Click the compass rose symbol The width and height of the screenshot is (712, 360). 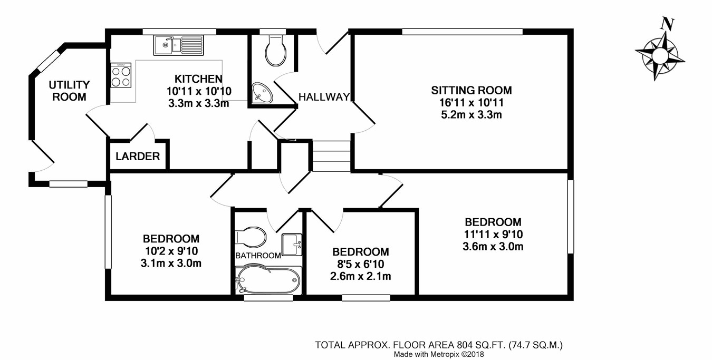pos(660,56)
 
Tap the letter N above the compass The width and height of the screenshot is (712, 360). pos(668,24)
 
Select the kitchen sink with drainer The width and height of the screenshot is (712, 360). pos(179,45)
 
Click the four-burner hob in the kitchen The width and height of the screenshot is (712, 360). pos(121,75)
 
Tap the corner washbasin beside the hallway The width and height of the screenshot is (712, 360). pos(261,93)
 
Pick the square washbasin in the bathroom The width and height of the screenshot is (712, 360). pos(292,245)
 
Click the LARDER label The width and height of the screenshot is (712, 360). pos(138,157)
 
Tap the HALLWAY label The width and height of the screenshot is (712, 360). pos(324,97)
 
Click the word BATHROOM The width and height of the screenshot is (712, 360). pos(258,256)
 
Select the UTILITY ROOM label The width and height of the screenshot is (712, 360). pos(69,91)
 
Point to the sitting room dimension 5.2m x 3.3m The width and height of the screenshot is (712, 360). pos(472,114)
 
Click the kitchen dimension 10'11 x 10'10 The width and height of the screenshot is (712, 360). pos(199,91)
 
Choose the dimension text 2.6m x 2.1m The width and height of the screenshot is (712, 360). pos(360,276)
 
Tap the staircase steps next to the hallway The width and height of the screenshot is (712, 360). pos(332,156)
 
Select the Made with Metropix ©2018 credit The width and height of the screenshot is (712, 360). pos(439,354)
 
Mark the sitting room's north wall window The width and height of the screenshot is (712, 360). pos(463,32)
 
